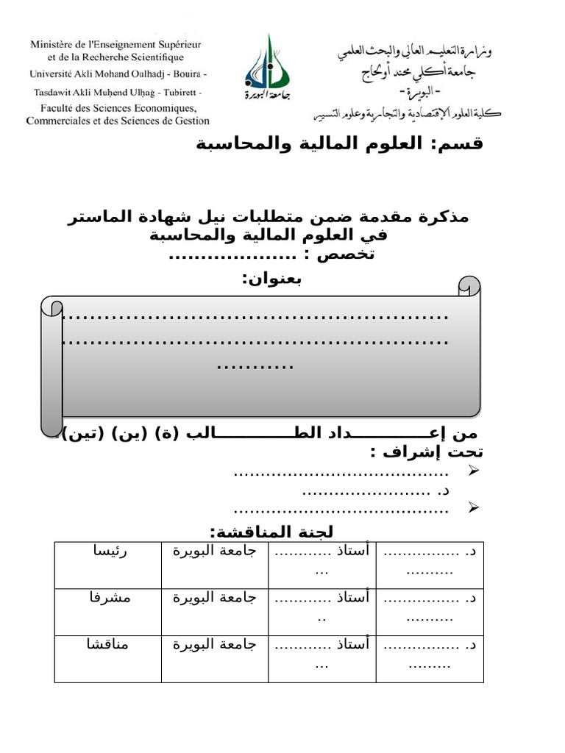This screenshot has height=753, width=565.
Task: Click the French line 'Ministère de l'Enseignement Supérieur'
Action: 116,45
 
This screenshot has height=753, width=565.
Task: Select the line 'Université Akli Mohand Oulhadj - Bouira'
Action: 118,74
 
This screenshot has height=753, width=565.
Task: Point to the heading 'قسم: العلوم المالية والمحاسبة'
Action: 339,143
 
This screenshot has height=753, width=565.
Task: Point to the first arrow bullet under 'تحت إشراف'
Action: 474,471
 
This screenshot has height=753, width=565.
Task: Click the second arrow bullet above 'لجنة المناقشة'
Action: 474,507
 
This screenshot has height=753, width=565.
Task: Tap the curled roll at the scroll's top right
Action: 469,287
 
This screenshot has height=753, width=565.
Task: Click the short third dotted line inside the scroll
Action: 256,365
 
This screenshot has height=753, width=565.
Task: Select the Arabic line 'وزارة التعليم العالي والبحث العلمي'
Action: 416,51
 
